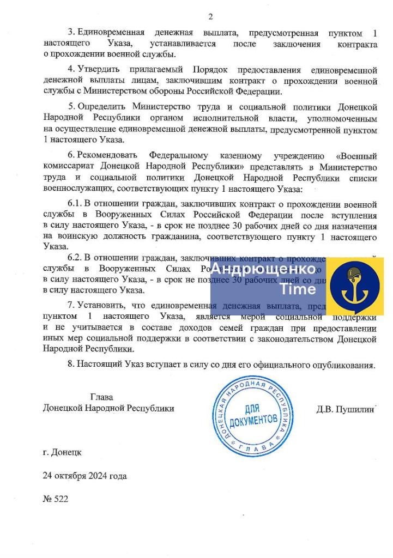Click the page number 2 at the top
(210, 16)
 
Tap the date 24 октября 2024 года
(84, 476)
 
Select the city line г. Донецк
(62, 452)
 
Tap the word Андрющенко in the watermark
(263, 269)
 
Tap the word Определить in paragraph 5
(102, 107)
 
